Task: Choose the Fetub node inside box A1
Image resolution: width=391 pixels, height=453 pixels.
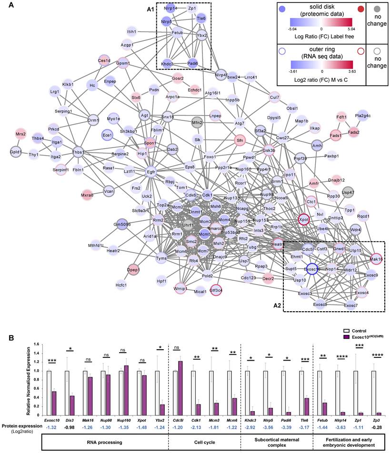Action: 177,33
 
